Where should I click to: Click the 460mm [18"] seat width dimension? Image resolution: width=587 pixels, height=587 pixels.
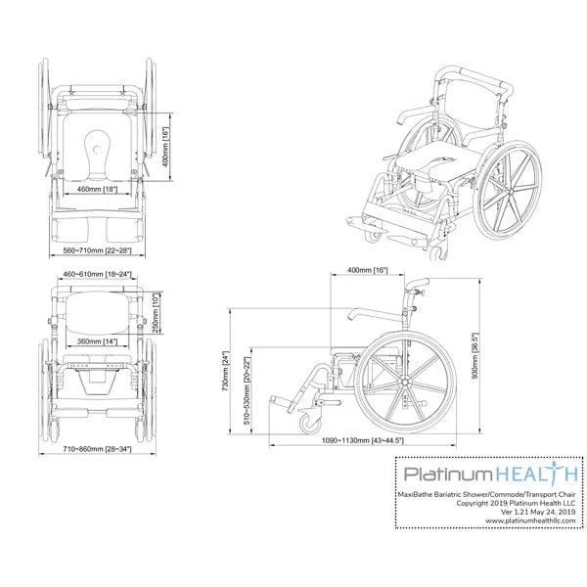97,189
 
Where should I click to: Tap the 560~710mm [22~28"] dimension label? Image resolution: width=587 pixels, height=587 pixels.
97,250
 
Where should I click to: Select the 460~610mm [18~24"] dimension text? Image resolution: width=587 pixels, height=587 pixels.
97,274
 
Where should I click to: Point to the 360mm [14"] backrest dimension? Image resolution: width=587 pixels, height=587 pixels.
97,341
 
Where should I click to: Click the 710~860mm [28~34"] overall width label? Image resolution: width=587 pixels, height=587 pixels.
97,448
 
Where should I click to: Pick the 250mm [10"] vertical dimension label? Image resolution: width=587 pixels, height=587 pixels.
157,313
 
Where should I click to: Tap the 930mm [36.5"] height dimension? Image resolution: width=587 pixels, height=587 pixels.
475,356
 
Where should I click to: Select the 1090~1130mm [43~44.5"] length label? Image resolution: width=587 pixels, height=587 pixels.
362,440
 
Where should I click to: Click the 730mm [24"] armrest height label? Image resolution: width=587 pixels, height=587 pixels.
225,371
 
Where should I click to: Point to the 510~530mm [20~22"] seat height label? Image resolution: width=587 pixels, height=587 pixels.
248,390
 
